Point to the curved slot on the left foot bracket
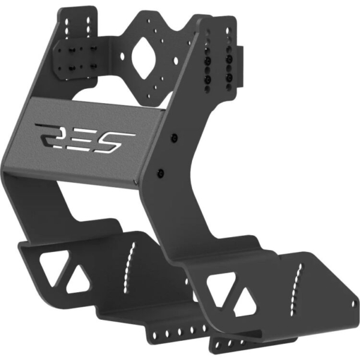[128, 265]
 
